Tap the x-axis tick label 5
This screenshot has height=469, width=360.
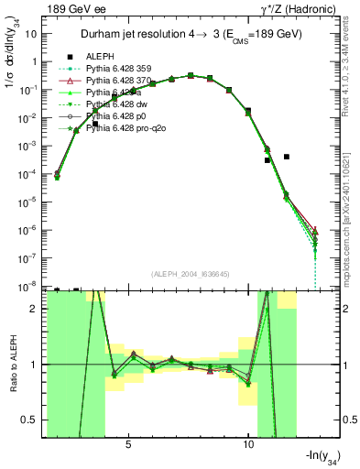128,443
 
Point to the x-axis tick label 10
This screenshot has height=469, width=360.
248,443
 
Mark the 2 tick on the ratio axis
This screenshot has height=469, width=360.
38,309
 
